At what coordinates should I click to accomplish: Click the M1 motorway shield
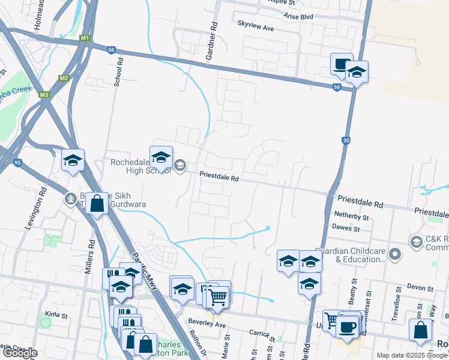pyautogui.click(x=85, y=38)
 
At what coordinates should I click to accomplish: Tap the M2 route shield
pyautogui.click(x=63, y=79)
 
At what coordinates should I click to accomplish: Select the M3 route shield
pyautogui.click(x=43, y=95)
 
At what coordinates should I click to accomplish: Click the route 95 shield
pyautogui.click(x=17, y=163)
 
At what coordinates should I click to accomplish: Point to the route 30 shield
pyautogui.click(x=346, y=140)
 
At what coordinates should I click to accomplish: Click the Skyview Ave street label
pyautogui.click(x=255, y=28)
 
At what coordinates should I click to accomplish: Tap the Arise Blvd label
pyautogui.click(x=299, y=17)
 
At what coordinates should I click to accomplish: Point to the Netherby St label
pyautogui.click(x=351, y=216)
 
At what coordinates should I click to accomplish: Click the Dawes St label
pyautogui.click(x=347, y=229)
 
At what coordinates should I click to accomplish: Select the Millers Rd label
pyautogui.click(x=89, y=259)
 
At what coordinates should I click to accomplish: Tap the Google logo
pyautogui.click(x=20, y=353)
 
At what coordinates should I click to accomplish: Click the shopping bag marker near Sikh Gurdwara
pyautogui.click(x=97, y=205)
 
